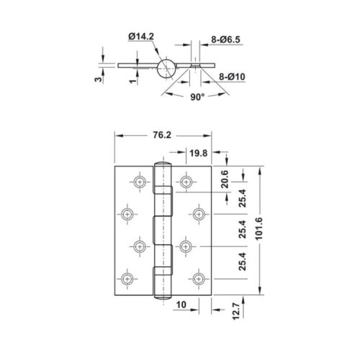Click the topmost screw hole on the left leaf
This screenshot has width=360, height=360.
139,181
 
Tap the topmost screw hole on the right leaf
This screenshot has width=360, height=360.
188,181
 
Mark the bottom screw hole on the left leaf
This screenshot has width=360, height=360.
129,279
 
